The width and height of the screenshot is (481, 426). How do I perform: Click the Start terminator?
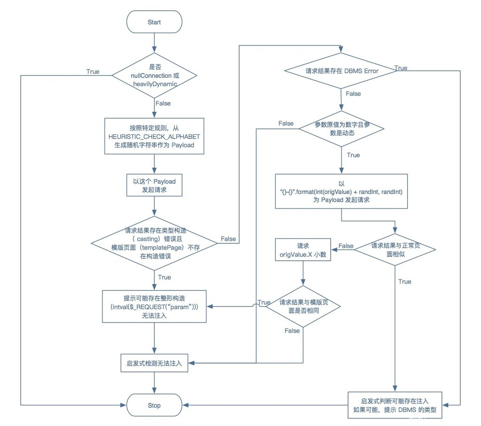coord(154,22)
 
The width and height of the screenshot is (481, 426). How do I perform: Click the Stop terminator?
coord(154,405)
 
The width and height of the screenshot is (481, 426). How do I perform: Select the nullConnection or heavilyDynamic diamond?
coord(154,75)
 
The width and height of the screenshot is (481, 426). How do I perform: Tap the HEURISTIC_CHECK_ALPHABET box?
coord(154,136)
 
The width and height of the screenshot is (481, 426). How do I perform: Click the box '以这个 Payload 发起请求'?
coord(154,185)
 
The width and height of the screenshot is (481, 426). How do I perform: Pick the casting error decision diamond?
coord(154,243)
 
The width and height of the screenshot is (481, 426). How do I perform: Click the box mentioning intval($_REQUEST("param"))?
coord(154,307)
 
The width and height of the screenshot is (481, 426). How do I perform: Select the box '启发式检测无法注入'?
coord(154,363)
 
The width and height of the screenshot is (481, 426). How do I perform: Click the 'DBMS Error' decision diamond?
coord(342,71)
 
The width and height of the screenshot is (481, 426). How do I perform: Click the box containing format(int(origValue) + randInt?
coord(342,191)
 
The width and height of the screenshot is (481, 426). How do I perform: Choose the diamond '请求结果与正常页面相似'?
coord(396,249)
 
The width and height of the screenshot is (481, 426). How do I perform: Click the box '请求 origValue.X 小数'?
coord(303,250)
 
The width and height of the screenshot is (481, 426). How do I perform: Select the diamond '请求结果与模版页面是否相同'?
coord(303,306)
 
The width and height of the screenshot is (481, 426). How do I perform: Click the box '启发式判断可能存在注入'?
coord(395,405)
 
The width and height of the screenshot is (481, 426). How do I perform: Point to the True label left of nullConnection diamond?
coord(93,71)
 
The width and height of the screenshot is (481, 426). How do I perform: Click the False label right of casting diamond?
coord(228,239)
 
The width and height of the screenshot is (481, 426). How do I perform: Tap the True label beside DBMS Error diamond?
coord(401,68)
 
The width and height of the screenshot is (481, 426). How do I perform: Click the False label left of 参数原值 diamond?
coord(286,124)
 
